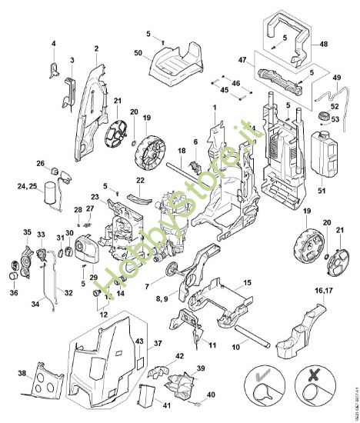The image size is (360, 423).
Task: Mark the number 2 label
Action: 96,49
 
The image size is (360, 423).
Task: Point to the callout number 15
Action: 247,284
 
